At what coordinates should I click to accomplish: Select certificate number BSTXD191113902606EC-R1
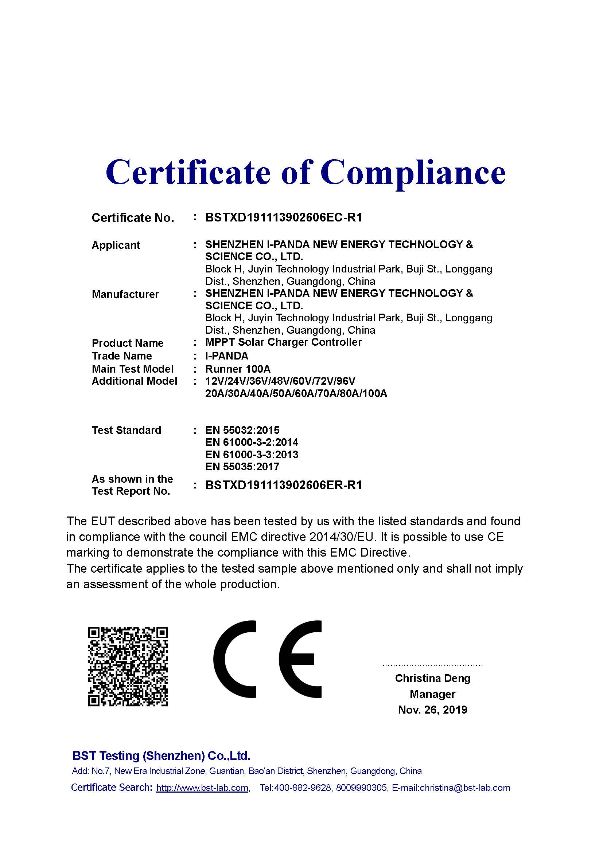(283, 217)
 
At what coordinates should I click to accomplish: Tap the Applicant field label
(116, 245)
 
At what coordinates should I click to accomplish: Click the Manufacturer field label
(125, 294)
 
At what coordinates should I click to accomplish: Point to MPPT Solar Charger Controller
(283, 342)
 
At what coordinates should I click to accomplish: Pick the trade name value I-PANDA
(226, 356)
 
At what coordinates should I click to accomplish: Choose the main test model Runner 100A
(238, 369)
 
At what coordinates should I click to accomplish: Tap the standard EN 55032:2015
(242, 430)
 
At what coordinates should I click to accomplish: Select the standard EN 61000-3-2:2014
(252, 442)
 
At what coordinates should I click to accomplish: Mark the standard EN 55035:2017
(242, 467)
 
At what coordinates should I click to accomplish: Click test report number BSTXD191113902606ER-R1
(283, 485)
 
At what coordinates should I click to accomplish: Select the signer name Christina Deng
(433, 678)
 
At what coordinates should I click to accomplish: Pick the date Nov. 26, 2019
(433, 710)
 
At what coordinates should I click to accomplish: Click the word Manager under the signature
(433, 694)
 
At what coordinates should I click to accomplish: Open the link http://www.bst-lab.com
(202, 788)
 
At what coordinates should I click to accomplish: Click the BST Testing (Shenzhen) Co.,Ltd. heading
(161, 755)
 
